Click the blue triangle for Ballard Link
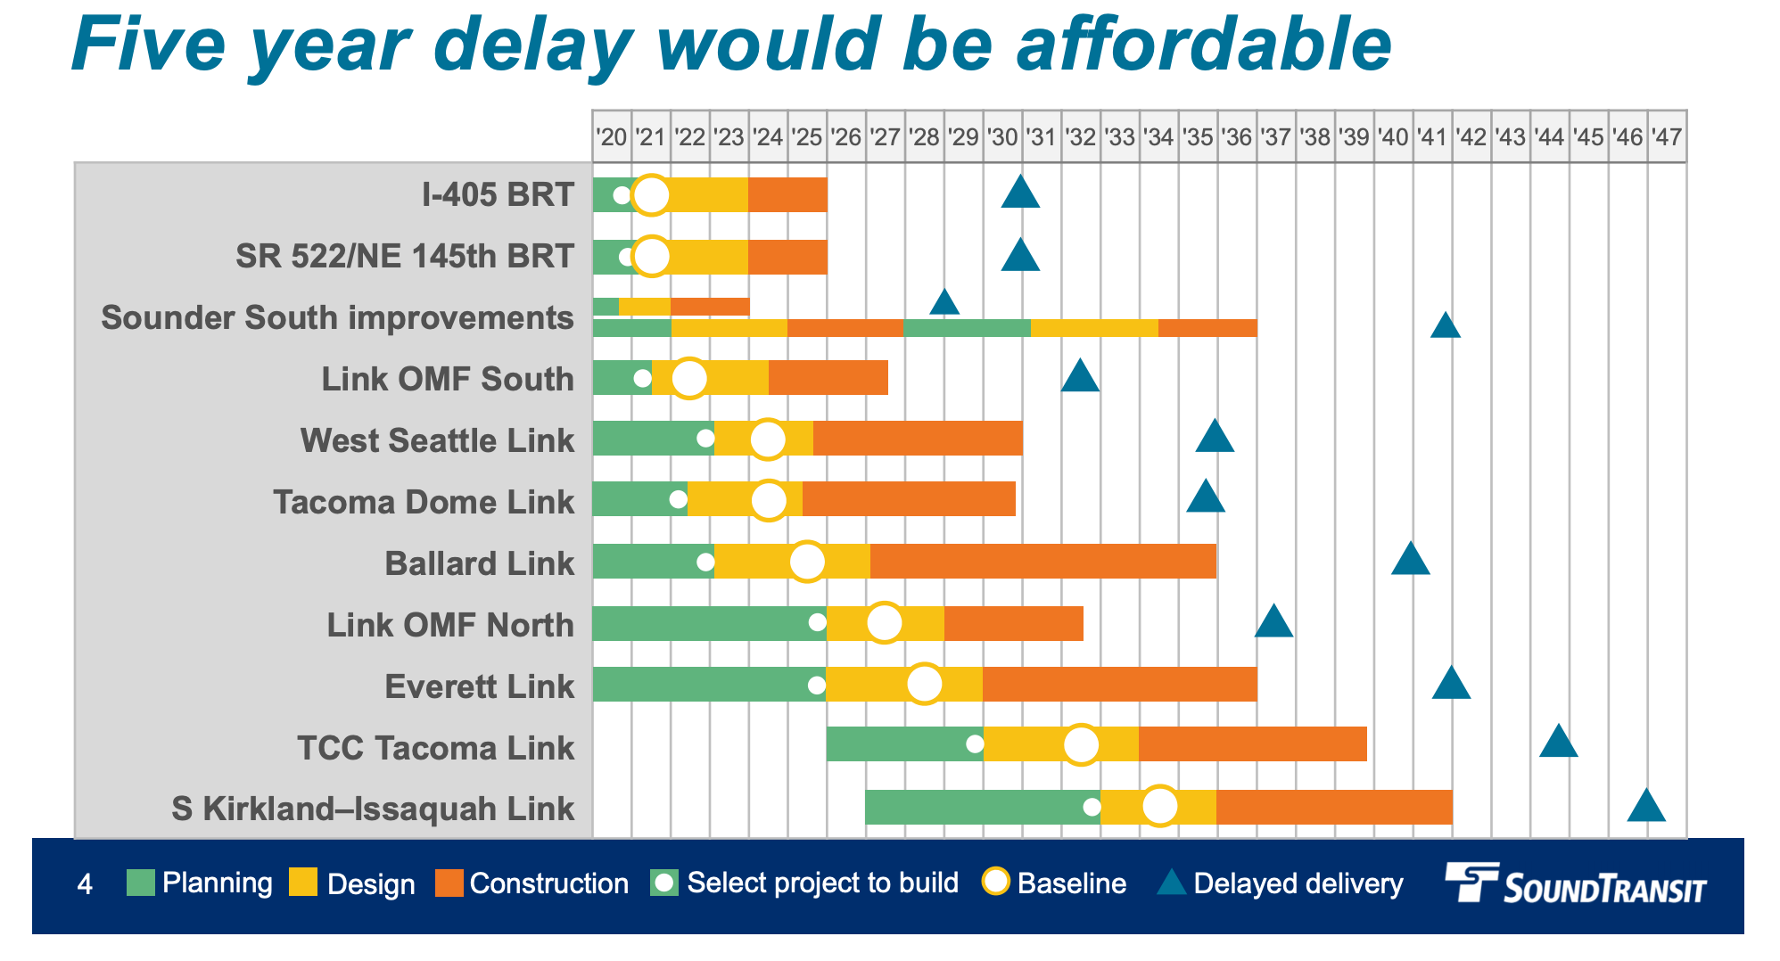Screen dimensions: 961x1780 (1410, 560)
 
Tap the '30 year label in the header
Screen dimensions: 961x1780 (1002, 137)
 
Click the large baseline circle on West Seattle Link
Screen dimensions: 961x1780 (768, 439)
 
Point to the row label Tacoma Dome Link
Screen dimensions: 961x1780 (424, 502)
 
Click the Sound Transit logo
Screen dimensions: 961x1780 (1575, 884)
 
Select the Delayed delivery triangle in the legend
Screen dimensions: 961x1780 (1171, 883)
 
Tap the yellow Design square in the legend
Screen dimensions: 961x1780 (303, 883)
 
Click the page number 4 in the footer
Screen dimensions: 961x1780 (85, 884)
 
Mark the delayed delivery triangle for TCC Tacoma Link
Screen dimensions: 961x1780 (1558, 743)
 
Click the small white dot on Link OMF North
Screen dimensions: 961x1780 (817, 623)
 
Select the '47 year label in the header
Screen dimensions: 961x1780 (1666, 137)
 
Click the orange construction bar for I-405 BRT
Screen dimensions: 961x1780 (787, 194)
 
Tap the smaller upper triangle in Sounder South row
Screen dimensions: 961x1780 (944, 303)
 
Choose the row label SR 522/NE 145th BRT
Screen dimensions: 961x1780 (404, 256)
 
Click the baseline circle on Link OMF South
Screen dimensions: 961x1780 (688, 378)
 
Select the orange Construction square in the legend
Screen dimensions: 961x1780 (449, 883)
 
